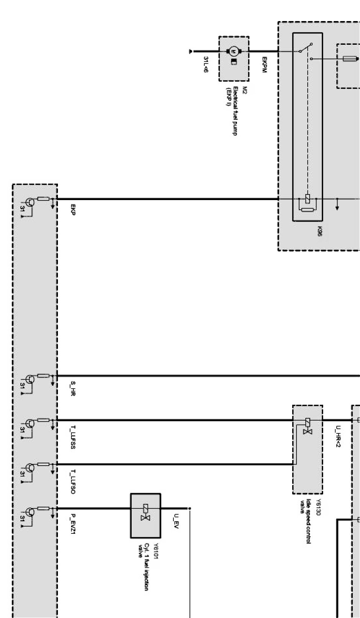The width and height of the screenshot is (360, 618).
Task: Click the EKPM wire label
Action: click(x=264, y=65)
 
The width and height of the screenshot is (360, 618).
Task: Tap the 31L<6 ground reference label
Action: click(x=206, y=64)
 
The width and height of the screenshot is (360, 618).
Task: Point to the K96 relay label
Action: click(x=319, y=231)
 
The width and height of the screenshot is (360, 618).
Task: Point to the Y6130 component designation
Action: click(x=319, y=506)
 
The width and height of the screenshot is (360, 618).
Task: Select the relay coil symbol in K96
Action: click(x=308, y=199)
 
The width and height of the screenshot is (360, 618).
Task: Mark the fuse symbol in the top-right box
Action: click(x=349, y=59)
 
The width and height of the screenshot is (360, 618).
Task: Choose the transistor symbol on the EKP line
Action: click(x=29, y=202)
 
